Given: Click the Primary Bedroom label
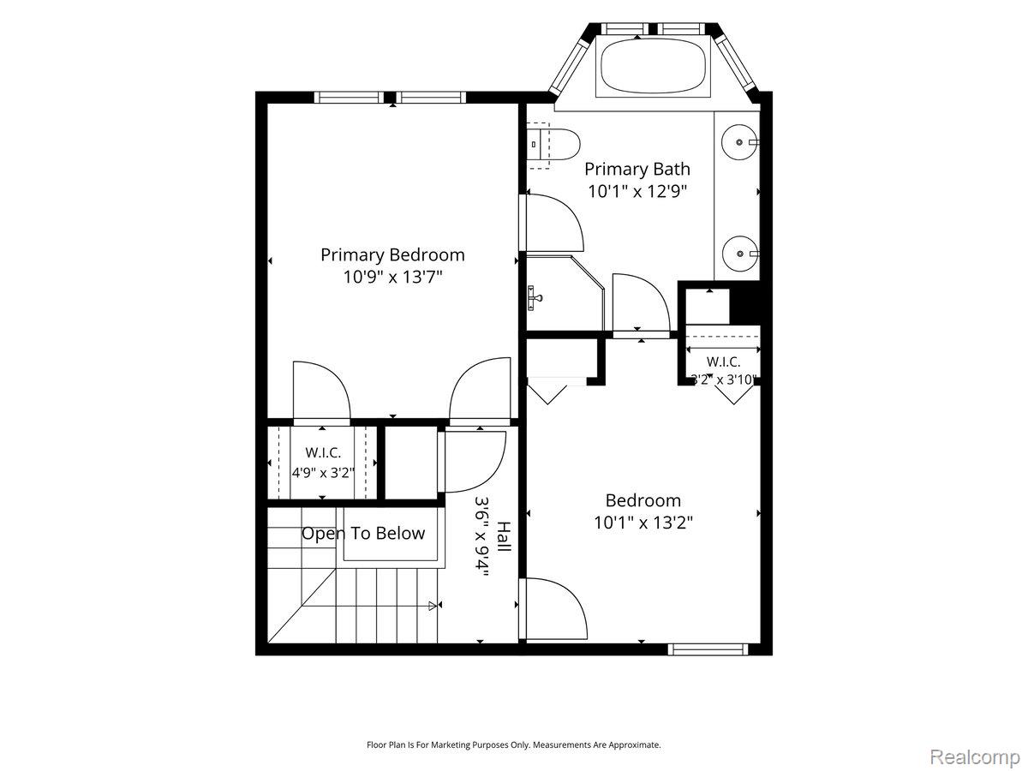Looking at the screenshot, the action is [x=392, y=254].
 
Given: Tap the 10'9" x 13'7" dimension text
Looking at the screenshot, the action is [x=392, y=277].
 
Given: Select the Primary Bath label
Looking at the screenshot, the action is [x=637, y=169].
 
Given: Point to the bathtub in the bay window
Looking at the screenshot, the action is [x=653, y=68].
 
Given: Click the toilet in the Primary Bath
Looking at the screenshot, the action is [x=553, y=145].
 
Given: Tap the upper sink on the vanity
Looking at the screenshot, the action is [x=740, y=142].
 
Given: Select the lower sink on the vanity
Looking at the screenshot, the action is [x=740, y=254].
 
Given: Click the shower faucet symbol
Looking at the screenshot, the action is [x=534, y=298].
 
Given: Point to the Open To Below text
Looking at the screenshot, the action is [x=363, y=533].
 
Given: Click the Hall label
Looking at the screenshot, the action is [x=504, y=536].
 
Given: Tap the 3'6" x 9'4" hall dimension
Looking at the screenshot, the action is [x=481, y=536].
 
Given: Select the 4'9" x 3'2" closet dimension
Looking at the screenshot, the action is [x=323, y=473].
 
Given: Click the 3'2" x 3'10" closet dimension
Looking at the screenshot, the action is [x=724, y=380].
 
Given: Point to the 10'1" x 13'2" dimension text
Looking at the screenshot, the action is [x=643, y=523].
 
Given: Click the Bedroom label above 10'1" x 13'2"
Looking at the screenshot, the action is [x=643, y=500].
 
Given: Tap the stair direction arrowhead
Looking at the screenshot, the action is [x=433, y=607].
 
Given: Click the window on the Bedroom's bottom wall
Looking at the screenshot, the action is [x=708, y=649].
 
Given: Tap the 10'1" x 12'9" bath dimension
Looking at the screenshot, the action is [x=637, y=191].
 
